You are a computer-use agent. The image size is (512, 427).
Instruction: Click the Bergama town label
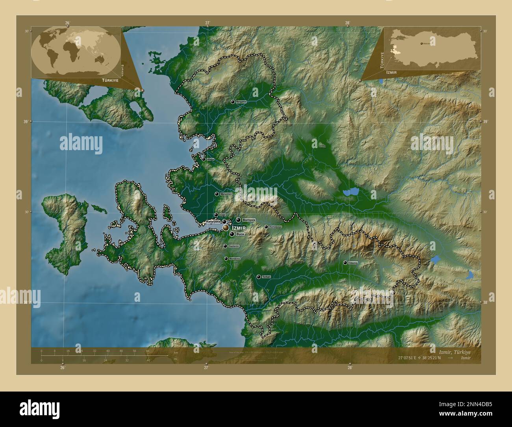[241, 102]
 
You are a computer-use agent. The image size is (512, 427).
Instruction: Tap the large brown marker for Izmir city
[226, 228]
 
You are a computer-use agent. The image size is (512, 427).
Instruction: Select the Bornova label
[249, 220]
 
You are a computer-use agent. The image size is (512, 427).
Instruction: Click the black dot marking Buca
[232, 234]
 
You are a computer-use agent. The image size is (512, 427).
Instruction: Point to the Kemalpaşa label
[276, 227]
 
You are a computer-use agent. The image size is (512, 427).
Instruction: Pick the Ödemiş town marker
[345, 262]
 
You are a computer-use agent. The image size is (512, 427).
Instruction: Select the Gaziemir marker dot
[225, 246]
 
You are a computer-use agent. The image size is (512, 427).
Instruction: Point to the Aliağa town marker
[204, 159]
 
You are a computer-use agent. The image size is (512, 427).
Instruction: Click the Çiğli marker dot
[216, 215]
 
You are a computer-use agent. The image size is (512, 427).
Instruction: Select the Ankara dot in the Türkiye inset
[422, 43]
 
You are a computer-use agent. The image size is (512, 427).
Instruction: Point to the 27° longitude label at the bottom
[206, 368]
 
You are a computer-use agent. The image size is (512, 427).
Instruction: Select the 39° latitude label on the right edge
[484, 122]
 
